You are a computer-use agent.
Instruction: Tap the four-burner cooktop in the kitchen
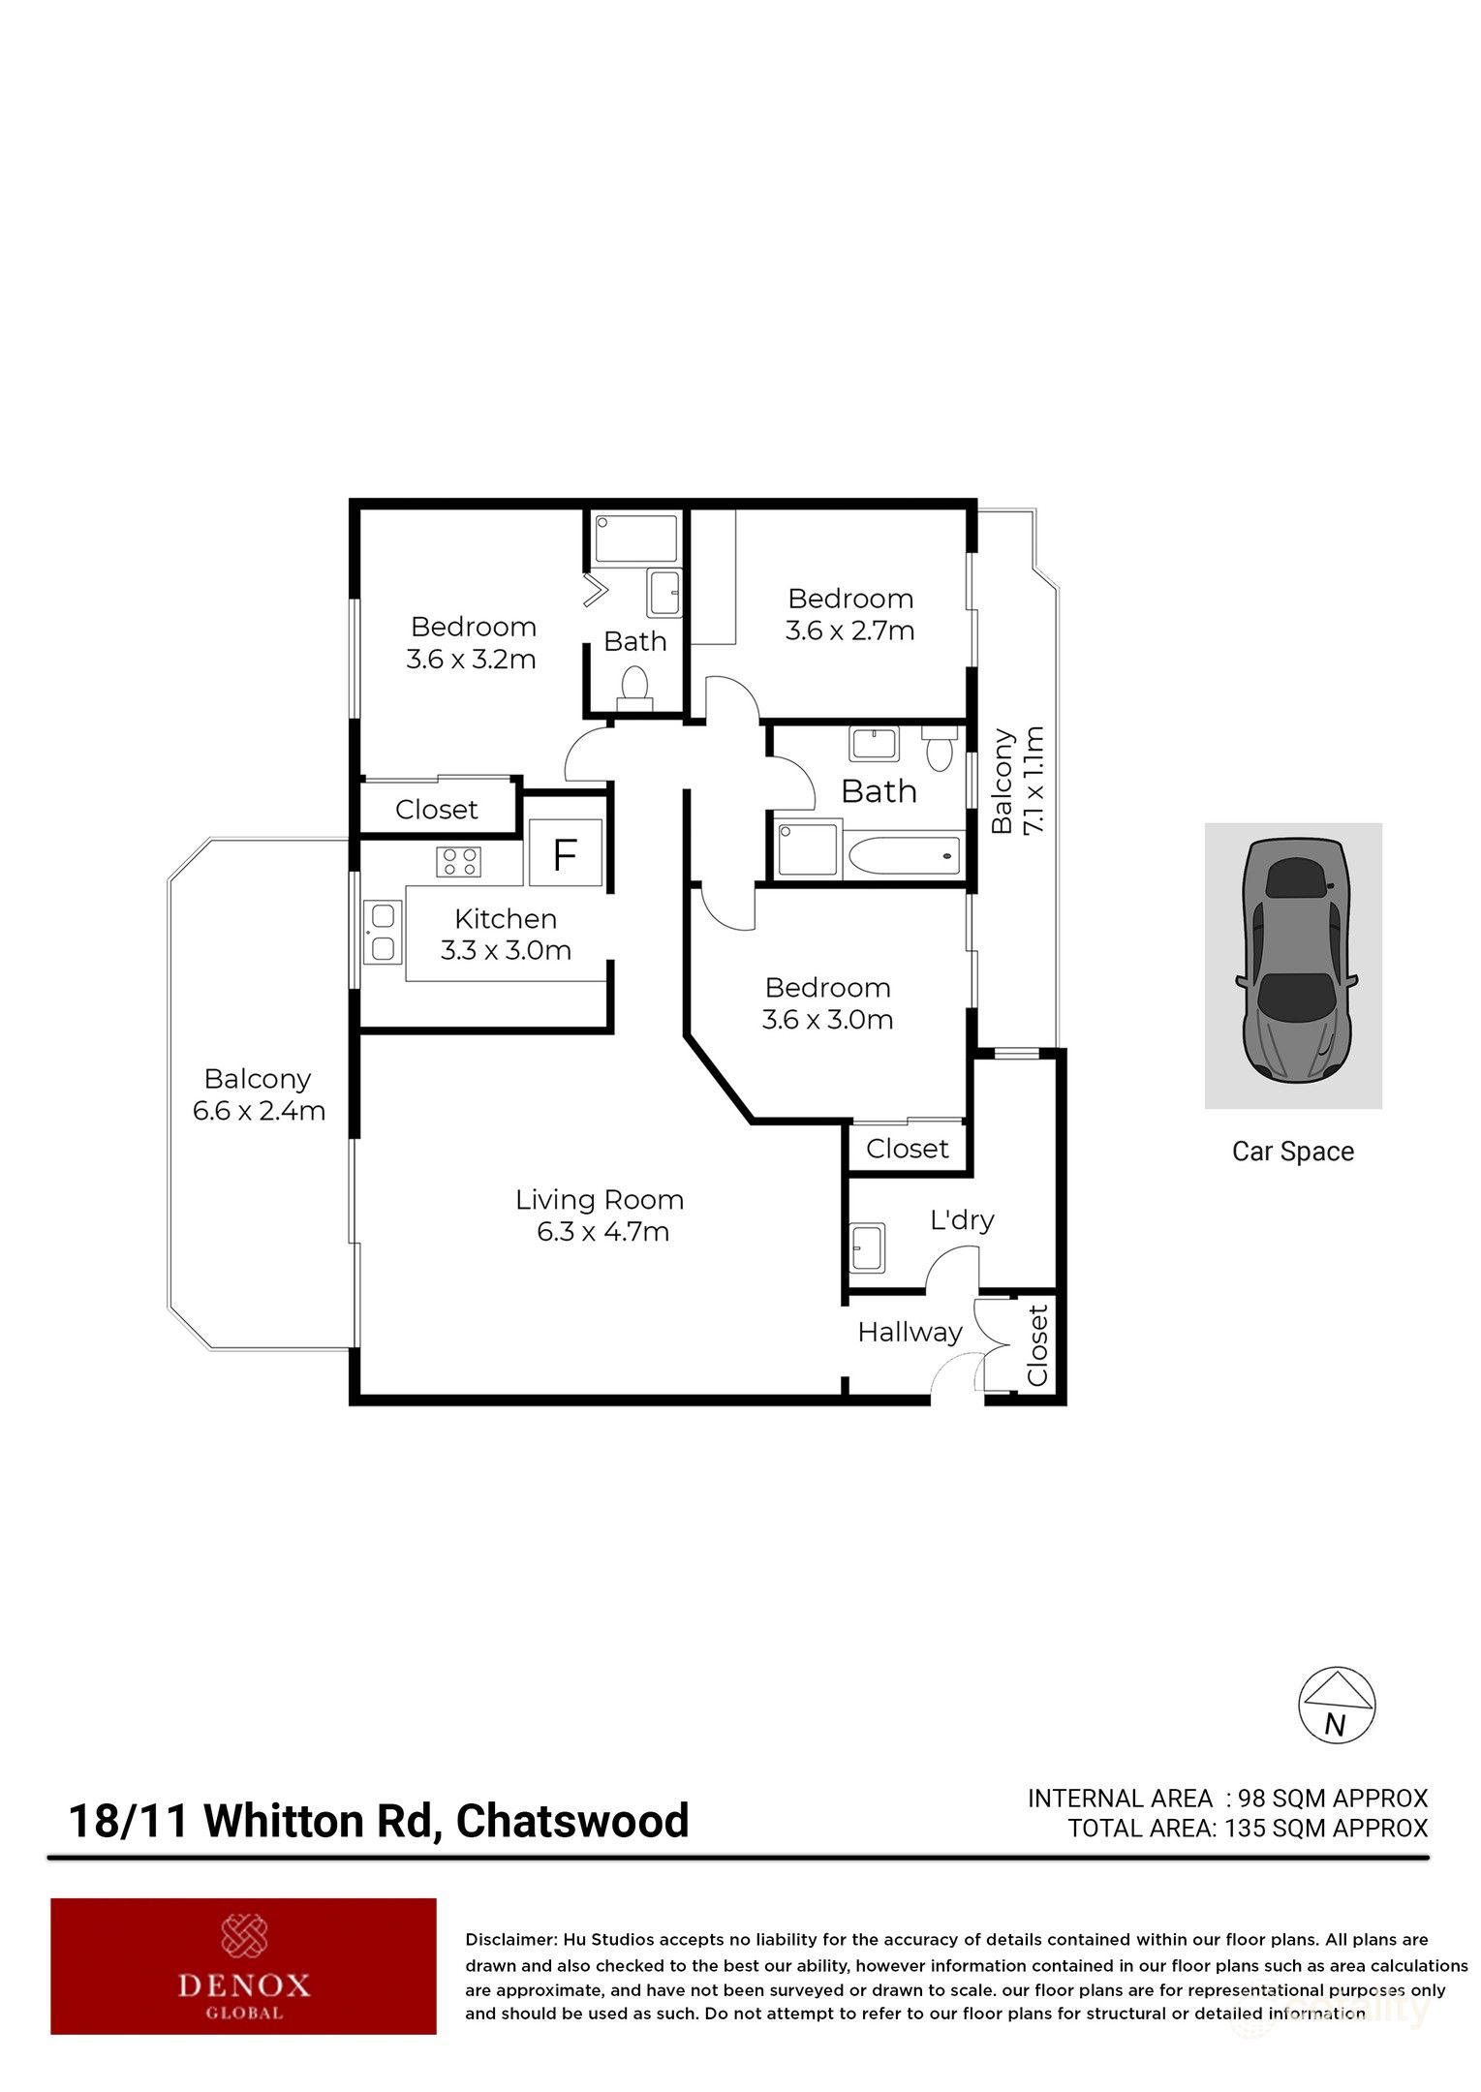459,861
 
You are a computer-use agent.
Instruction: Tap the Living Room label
600,1201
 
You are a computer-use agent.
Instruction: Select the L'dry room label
962,1219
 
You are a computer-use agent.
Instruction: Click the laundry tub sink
867,1248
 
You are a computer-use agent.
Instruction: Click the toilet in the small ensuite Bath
634,683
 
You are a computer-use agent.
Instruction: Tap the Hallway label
910,1333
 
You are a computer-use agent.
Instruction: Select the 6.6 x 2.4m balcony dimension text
259,1111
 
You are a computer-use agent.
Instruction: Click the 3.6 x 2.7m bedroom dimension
849,631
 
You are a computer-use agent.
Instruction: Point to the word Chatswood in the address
572,1821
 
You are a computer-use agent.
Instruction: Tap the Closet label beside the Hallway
1037,1346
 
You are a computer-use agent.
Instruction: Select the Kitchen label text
506,918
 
